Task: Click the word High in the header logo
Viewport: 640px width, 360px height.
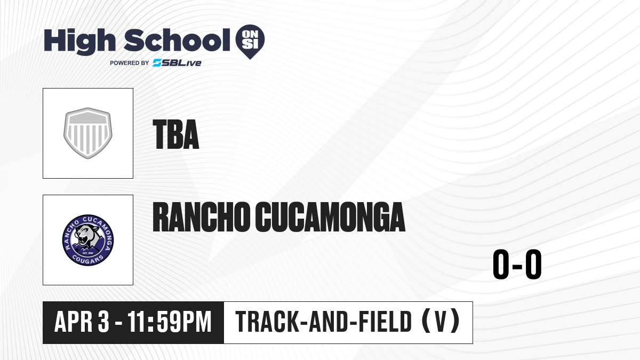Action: tap(80, 41)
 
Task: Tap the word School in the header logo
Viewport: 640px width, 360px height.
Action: tap(177, 39)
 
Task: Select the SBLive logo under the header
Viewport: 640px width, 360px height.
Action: tap(177, 63)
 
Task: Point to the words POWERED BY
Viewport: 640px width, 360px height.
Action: tap(130, 63)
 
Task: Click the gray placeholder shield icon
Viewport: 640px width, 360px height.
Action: tap(88, 133)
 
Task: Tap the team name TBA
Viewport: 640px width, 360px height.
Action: tap(175, 134)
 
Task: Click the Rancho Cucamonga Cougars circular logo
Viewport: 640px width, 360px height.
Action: tap(88, 240)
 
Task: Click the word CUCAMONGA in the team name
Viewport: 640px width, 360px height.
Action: tap(330, 217)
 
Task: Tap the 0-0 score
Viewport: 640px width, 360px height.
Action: tap(517, 265)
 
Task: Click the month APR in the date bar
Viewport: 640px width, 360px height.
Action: tap(74, 322)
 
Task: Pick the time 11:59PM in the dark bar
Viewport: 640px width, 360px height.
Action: tap(170, 322)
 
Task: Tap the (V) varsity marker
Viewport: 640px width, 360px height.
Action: tap(441, 322)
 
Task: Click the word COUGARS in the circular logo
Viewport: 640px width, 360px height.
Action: tap(87, 259)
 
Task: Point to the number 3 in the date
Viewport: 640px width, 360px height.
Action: tap(103, 322)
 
